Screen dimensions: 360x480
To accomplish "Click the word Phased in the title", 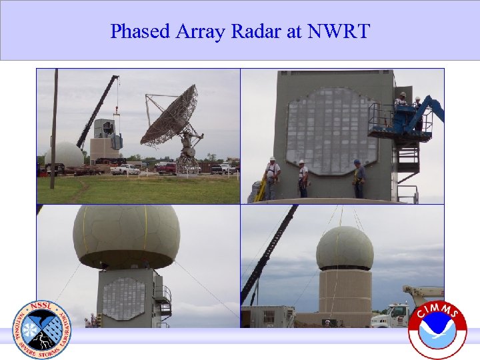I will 136,31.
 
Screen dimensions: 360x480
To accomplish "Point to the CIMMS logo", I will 437,329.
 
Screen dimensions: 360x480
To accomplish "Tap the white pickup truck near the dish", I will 125,169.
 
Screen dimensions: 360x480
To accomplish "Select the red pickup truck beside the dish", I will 165,168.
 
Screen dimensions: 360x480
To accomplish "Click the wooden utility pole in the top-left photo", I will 54,127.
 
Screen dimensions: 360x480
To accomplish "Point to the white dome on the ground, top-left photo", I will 64,155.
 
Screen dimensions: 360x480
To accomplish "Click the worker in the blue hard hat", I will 359,178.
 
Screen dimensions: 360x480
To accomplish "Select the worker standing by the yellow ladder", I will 271,177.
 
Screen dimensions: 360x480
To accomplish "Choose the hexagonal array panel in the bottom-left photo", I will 123,298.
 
